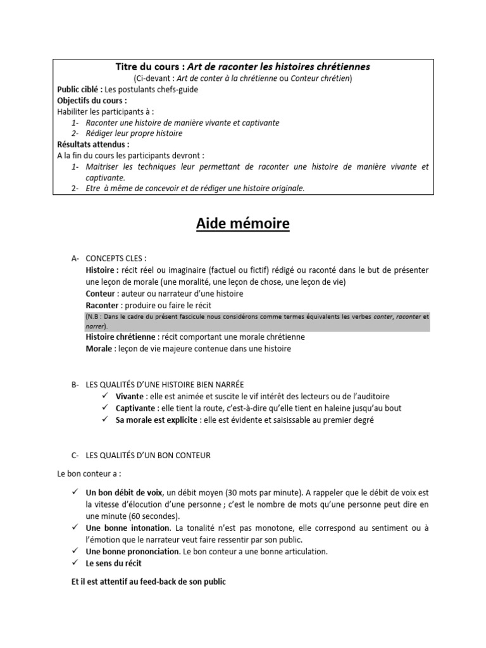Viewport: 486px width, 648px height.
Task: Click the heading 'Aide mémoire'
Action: click(x=242, y=223)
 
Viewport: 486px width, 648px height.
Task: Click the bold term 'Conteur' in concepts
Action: click(x=101, y=294)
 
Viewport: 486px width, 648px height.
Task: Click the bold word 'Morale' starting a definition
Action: click(x=99, y=348)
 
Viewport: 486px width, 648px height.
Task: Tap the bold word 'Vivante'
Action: click(x=130, y=396)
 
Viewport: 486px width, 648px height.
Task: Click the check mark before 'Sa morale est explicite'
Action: click(x=105, y=420)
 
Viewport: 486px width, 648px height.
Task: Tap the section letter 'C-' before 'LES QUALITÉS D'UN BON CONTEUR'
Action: click(x=75, y=455)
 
